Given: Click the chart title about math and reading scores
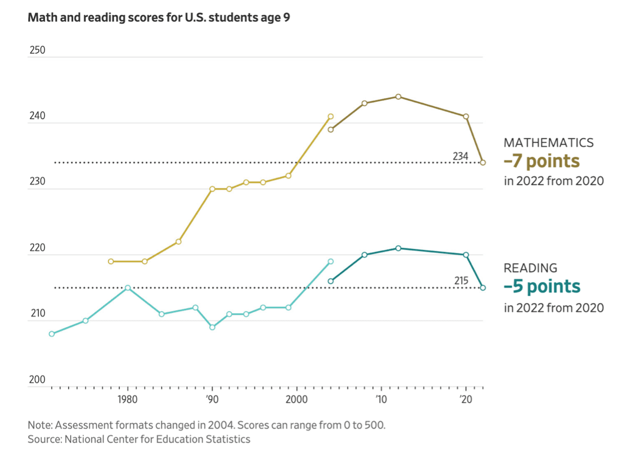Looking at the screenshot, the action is [159, 17].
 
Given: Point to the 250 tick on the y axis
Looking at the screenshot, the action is [37, 50].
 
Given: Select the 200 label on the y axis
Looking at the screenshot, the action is [37, 380].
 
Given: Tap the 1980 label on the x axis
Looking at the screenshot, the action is [127, 400].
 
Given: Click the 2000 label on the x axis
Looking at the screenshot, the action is [296, 400].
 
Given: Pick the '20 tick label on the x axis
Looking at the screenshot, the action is [466, 400].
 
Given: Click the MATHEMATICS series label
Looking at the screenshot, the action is [549, 143].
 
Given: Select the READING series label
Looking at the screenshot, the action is [531, 268].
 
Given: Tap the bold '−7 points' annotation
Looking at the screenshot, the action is [541, 161].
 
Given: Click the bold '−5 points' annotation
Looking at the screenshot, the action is [542, 286].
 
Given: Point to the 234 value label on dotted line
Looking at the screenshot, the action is [460, 156].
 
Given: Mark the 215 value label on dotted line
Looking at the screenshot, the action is [461, 281].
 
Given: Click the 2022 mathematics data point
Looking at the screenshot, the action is [483, 163].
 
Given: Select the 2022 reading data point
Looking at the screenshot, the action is [483, 288].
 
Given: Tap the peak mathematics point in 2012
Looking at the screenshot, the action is [398, 97].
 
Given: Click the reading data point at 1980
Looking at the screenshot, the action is [128, 288].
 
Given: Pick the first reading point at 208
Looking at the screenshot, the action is [52, 334].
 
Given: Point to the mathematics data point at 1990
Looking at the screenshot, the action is [212, 189].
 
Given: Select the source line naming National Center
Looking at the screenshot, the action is [139, 439].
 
